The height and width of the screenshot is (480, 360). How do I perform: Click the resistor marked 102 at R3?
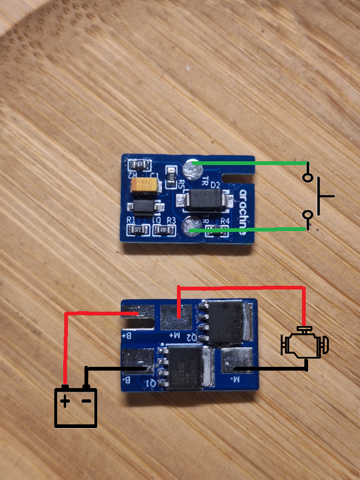click(x=163, y=230)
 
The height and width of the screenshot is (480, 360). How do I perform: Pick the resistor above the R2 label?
click(x=139, y=165)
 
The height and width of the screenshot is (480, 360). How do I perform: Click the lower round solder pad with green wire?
click(x=191, y=225)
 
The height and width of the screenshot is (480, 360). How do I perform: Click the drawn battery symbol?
click(x=76, y=406)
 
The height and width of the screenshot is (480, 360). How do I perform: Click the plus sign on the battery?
click(x=65, y=402)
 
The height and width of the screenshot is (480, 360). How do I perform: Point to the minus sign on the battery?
click(x=86, y=401)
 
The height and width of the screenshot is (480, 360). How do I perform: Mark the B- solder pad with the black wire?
click(x=138, y=364)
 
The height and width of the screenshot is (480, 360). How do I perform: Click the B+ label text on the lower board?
click(x=126, y=336)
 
